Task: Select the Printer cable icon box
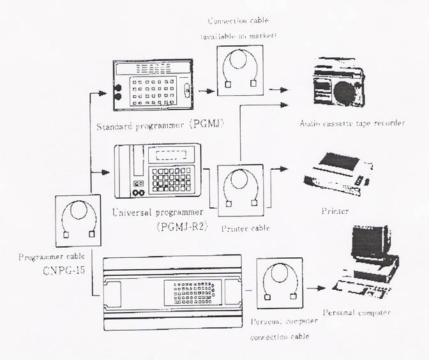point(241,190)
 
